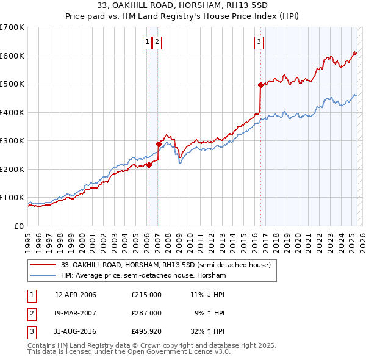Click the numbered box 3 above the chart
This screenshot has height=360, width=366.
259,42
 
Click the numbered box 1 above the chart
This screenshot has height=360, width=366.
148,42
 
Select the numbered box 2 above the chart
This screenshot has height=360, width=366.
157,42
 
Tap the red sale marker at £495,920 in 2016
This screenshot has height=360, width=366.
260,85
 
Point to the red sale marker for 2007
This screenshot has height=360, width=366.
159,144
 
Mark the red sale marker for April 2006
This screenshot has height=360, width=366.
149,164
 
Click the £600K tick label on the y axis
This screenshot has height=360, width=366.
12,56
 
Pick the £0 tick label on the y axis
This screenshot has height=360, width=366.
20,226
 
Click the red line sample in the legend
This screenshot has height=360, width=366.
44,265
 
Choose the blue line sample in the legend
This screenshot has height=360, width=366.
44,275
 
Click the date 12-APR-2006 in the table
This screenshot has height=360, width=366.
76,295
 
